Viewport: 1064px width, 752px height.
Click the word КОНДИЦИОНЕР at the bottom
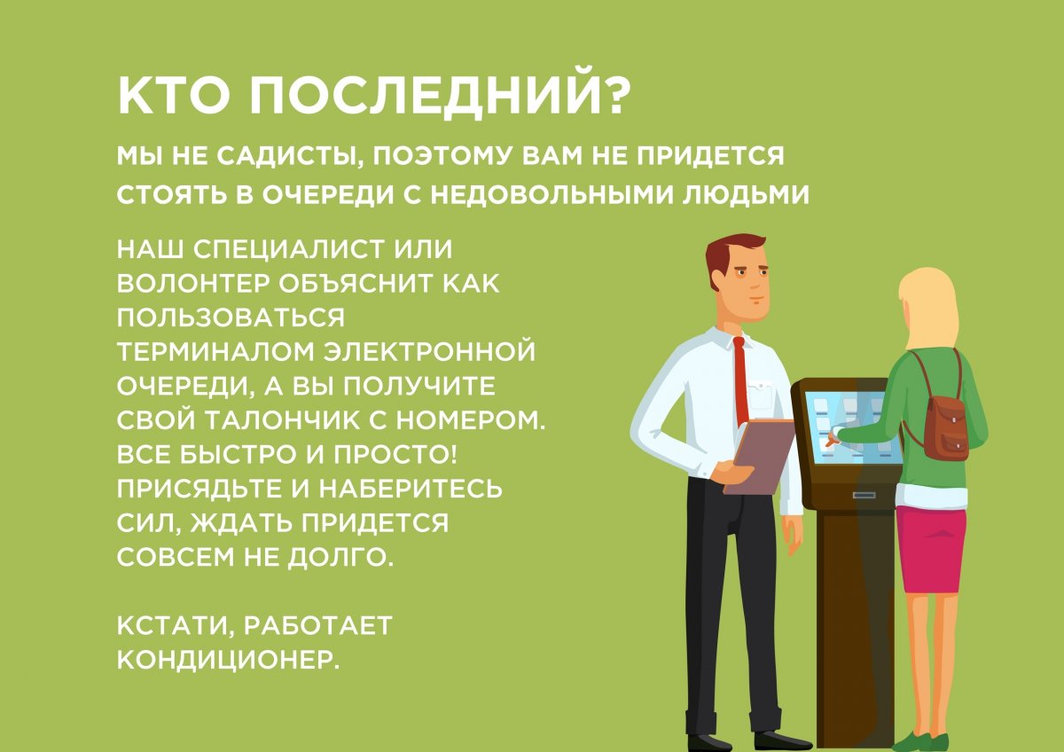(x=229, y=662)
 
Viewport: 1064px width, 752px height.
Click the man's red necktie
(x=740, y=381)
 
